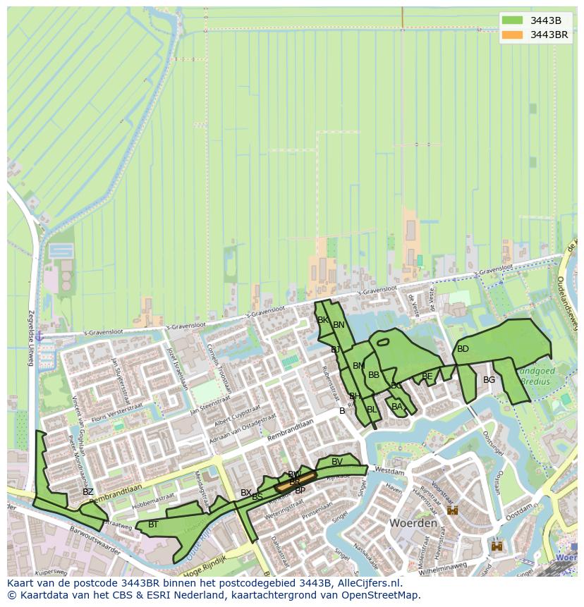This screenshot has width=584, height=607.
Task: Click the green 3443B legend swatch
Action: (512, 20)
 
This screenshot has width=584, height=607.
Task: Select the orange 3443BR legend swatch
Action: (512, 35)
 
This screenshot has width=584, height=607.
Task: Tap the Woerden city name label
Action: (413, 524)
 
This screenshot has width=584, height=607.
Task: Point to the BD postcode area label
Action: (463, 349)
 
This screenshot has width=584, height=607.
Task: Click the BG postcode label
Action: (489, 380)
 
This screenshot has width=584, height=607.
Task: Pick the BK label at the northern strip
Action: (322, 320)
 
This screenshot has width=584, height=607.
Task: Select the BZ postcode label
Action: (87, 492)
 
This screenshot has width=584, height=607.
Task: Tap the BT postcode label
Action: (153, 525)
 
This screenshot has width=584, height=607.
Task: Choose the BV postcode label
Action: (337, 462)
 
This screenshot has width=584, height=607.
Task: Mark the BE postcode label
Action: (427, 376)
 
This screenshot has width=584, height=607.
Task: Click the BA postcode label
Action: (396, 407)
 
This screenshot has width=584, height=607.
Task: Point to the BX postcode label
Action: (245, 493)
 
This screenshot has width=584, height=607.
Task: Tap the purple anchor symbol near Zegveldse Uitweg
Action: (39, 337)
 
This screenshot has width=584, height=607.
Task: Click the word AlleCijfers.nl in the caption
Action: (367, 583)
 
